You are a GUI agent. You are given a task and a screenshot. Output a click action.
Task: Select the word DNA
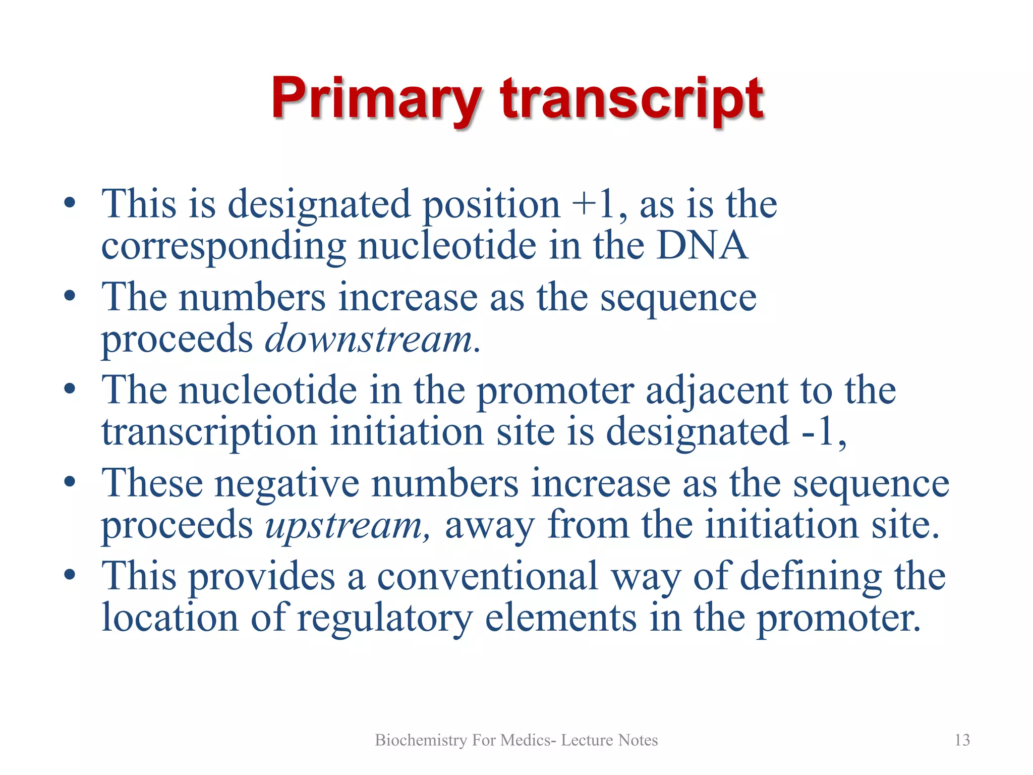702,246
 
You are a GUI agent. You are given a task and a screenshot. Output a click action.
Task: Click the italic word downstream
369,339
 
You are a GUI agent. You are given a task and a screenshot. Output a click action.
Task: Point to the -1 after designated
818,432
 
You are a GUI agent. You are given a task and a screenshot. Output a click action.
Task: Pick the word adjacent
717,391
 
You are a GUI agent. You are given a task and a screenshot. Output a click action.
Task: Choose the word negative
287,484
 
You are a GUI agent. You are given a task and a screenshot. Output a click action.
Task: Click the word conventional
487,577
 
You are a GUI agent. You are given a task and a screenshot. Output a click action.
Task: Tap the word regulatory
385,619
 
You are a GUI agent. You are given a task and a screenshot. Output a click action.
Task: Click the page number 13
962,740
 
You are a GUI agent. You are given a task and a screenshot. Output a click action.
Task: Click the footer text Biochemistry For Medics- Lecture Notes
516,740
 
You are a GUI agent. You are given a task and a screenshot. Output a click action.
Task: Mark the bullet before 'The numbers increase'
70,295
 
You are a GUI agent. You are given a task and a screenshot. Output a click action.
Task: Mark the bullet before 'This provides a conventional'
70,575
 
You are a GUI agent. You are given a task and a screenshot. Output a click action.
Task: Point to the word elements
560,619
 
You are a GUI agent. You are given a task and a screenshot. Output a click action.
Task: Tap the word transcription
209,432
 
